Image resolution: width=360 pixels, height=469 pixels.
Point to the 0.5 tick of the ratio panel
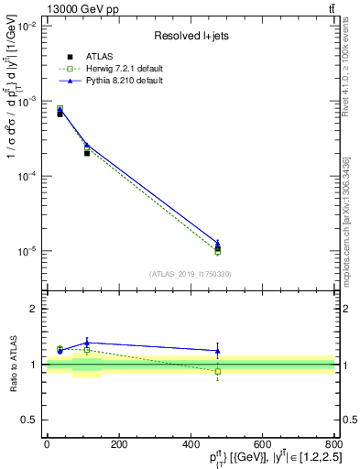[x=31, y=420]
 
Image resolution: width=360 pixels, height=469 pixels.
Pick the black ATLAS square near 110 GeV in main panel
[x=87, y=153]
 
